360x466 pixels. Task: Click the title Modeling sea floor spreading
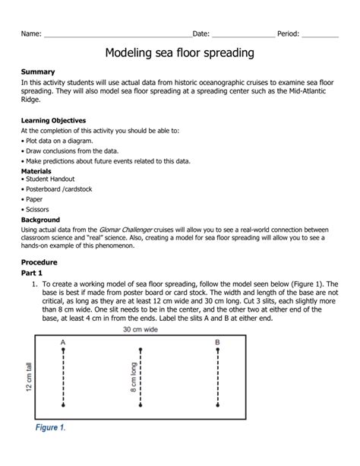click(179, 54)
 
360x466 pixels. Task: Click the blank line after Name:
click(117, 35)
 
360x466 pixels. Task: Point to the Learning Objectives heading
click(53, 121)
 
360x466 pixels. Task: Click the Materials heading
click(37, 172)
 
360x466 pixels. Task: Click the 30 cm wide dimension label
click(141, 331)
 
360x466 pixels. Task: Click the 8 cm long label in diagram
click(133, 378)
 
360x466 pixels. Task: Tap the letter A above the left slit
click(63, 342)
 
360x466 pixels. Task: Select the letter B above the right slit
click(217, 342)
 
